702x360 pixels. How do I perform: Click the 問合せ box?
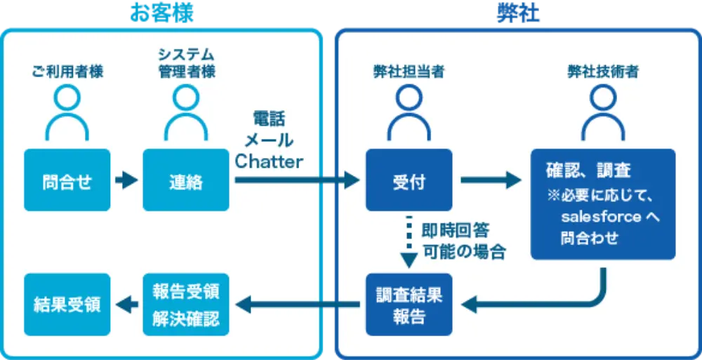(x=67, y=180)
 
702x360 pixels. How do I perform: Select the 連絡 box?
(x=185, y=180)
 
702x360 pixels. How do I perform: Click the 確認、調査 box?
(x=602, y=204)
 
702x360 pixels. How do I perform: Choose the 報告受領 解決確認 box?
(x=185, y=305)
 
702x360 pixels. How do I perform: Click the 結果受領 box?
(x=67, y=305)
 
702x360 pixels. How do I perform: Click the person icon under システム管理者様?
(x=185, y=112)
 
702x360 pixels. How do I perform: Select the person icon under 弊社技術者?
(x=602, y=112)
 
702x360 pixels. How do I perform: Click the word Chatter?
(x=269, y=161)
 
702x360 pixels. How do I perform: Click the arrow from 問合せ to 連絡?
(x=126, y=180)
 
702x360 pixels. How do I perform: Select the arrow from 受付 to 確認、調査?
(x=491, y=180)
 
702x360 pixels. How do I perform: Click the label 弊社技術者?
(x=602, y=72)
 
